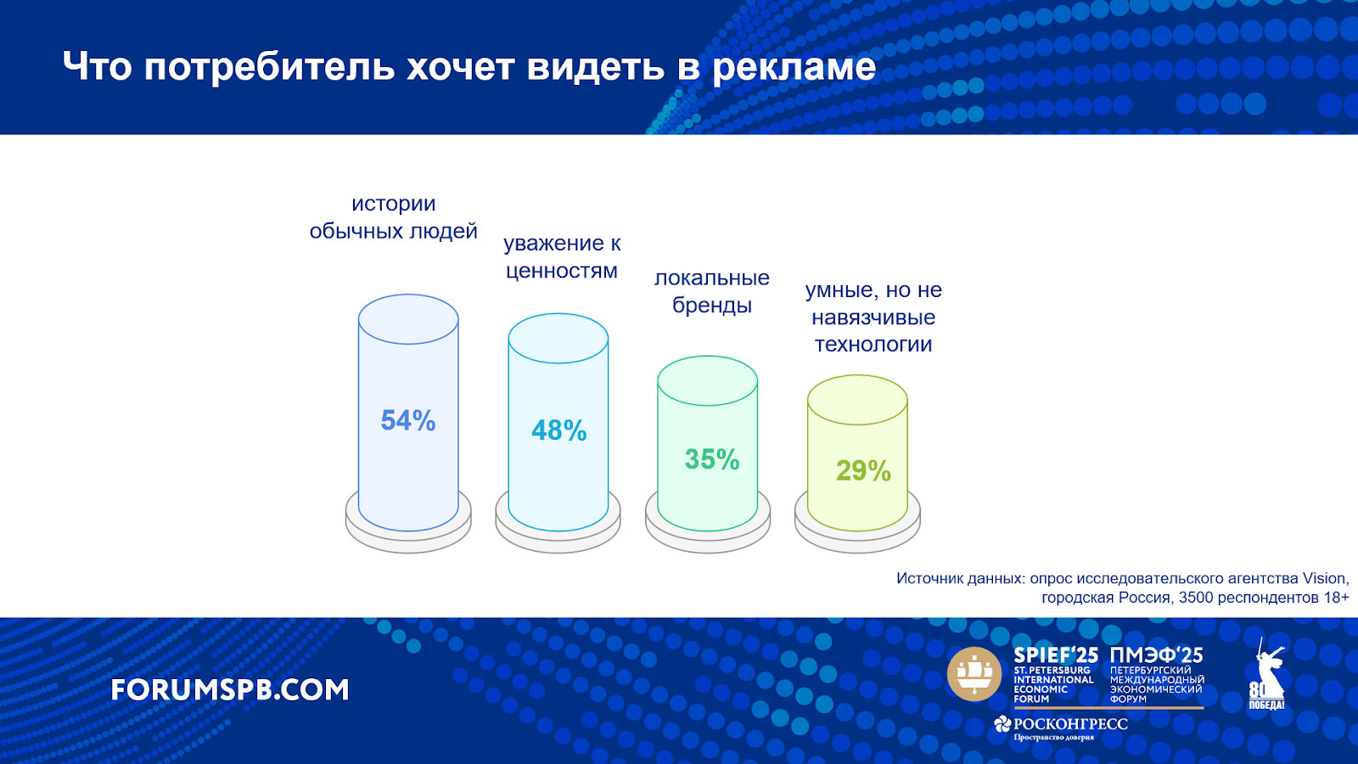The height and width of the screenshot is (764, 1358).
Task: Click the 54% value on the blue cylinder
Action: [x=408, y=421]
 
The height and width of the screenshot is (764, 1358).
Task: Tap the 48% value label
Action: [x=559, y=430]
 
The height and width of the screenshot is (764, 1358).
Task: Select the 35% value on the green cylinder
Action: [x=712, y=459]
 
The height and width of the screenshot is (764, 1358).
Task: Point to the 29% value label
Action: [x=863, y=470]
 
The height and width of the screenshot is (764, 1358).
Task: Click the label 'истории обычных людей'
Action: [x=394, y=217]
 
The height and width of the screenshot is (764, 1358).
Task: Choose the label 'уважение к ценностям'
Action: [x=562, y=256]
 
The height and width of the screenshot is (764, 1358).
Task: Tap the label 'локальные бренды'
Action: [x=712, y=291]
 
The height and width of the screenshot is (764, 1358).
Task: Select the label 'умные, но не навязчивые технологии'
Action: [x=873, y=317]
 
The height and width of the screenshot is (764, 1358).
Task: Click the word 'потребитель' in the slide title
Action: [x=270, y=67]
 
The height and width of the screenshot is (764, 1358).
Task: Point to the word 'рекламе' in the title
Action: [x=794, y=67]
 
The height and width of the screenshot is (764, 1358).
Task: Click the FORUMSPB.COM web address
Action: [x=230, y=690]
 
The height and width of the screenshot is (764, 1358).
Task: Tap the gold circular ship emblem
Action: [x=974, y=674]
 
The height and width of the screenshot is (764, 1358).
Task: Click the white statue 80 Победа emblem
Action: [x=1266, y=674]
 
